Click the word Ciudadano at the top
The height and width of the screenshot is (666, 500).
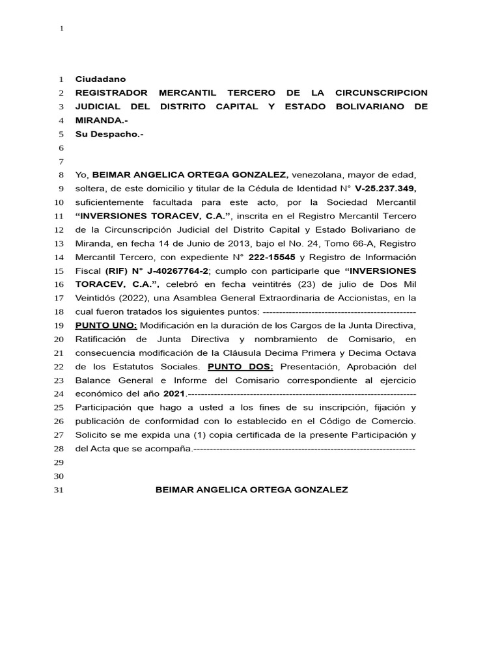[x=101, y=79]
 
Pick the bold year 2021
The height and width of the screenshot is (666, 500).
[x=174, y=393]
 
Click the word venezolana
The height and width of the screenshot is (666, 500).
[x=317, y=175]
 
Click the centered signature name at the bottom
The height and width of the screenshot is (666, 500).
[x=251, y=490]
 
